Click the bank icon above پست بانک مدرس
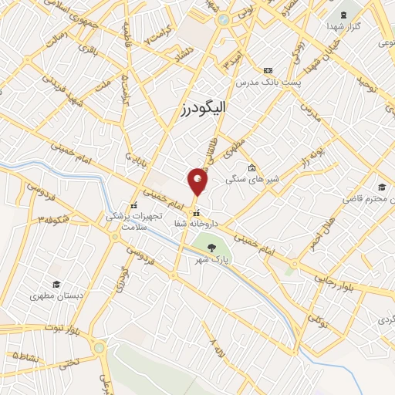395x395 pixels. (x=268, y=69)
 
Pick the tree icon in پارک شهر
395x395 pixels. (x=211, y=248)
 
